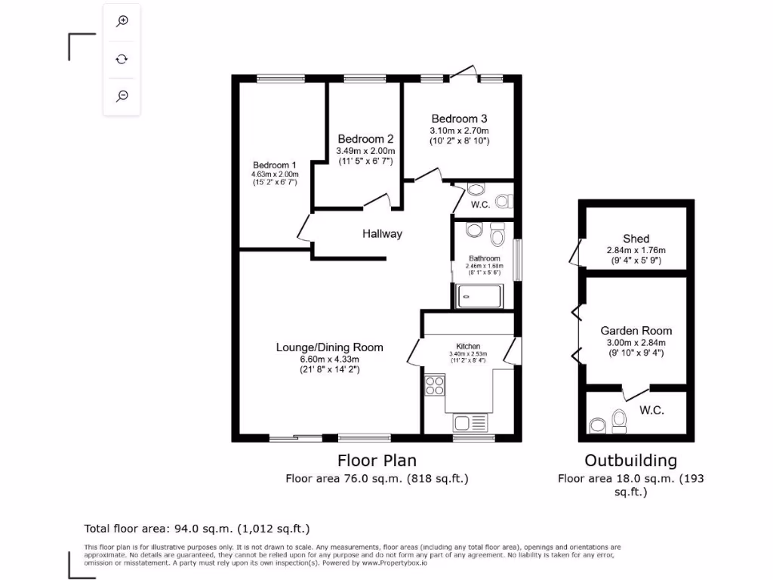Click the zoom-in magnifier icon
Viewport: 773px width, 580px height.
pos(122,21)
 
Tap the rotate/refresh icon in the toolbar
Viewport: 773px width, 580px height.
pos(122,59)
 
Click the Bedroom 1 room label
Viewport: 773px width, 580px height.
pos(274,165)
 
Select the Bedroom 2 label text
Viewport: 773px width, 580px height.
pos(365,139)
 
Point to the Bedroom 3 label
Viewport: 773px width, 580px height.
pos(459,119)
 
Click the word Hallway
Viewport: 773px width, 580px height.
pos(382,234)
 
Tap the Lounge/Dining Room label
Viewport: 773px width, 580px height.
pos(329,347)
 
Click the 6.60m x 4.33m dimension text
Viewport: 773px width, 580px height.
pos(329,359)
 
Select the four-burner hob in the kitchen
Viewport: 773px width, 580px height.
pos(435,386)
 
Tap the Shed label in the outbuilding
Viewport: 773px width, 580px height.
pos(636,239)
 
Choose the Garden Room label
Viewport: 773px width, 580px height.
pos(636,331)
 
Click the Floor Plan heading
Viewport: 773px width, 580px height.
pos(377,460)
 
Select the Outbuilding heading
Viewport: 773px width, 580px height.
pos(631,461)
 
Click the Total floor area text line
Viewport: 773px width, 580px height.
pos(196,529)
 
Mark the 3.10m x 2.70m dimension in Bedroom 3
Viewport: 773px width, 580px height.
pos(459,130)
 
